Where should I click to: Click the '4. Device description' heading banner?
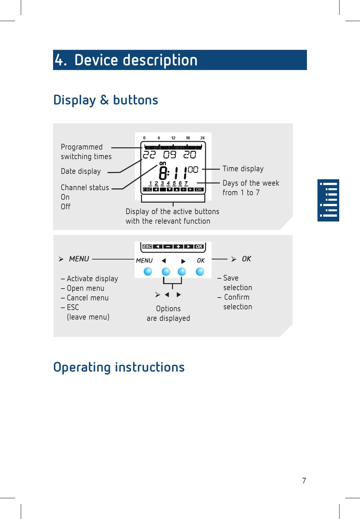pos(180,60)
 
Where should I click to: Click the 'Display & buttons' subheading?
pos(106,100)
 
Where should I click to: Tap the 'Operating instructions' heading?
pos(119,367)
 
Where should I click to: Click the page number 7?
pos(304,481)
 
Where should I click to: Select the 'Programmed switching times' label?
pos(86,152)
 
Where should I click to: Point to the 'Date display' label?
pos(81,171)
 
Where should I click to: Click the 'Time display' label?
pos(243,169)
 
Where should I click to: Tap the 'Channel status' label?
pos(85,188)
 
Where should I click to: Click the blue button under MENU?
pos(148,272)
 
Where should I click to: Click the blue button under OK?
pos(200,272)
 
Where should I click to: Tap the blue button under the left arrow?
pos(166,272)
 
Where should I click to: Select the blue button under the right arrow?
pos(182,272)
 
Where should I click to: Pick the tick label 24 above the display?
pos(202,138)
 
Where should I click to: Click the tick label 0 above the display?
pos(144,138)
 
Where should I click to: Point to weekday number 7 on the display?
pos(186,183)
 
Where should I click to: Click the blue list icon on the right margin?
pos(328,200)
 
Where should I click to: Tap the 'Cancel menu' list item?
pos(88,298)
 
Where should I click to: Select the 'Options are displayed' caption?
pos(168,313)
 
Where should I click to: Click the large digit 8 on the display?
pos(163,174)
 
